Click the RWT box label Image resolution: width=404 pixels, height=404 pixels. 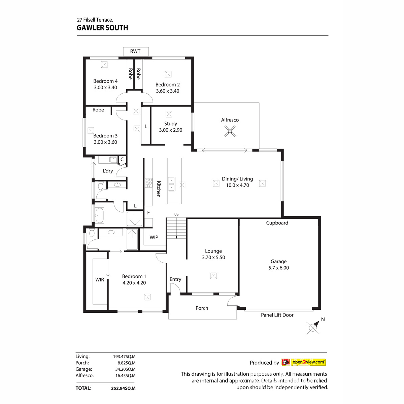pyautogui.click(x=135, y=51)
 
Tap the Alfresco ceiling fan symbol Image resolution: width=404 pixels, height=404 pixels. pyautogui.click(x=230, y=131)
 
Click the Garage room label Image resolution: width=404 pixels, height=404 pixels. pyautogui.click(x=278, y=261)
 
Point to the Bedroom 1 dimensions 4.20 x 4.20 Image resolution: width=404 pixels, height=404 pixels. pyautogui.click(x=134, y=283)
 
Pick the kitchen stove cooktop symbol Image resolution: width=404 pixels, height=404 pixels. pyautogui.click(x=148, y=183)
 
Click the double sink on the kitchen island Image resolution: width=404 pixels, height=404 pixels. pyautogui.click(x=171, y=183)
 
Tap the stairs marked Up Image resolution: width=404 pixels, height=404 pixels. pyautogui.click(x=176, y=228)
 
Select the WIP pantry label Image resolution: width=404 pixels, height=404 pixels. pyautogui.click(x=154, y=237)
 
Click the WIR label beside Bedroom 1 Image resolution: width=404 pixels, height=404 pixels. pyautogui.click(x=100, y=279)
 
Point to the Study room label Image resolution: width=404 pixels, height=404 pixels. pyautogui.click(x=170, y=124)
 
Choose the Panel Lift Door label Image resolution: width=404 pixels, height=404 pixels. pyautogui.click(x=277, y=315)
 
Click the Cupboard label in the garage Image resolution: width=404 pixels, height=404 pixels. pyautogui.click(x=277, y=223)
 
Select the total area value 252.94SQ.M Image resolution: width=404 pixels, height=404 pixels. pyautogui.click(x=123, y=388)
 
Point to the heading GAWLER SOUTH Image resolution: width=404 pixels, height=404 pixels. pyautogui.click(x=102, y=28)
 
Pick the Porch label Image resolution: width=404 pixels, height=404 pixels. pyautogui.click(x=202, y=308)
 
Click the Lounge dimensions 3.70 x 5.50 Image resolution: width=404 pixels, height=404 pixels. pyautogui.click(x=213, y=257)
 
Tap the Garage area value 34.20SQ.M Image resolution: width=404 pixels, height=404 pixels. pyautogui.click(x=125, y=369)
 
